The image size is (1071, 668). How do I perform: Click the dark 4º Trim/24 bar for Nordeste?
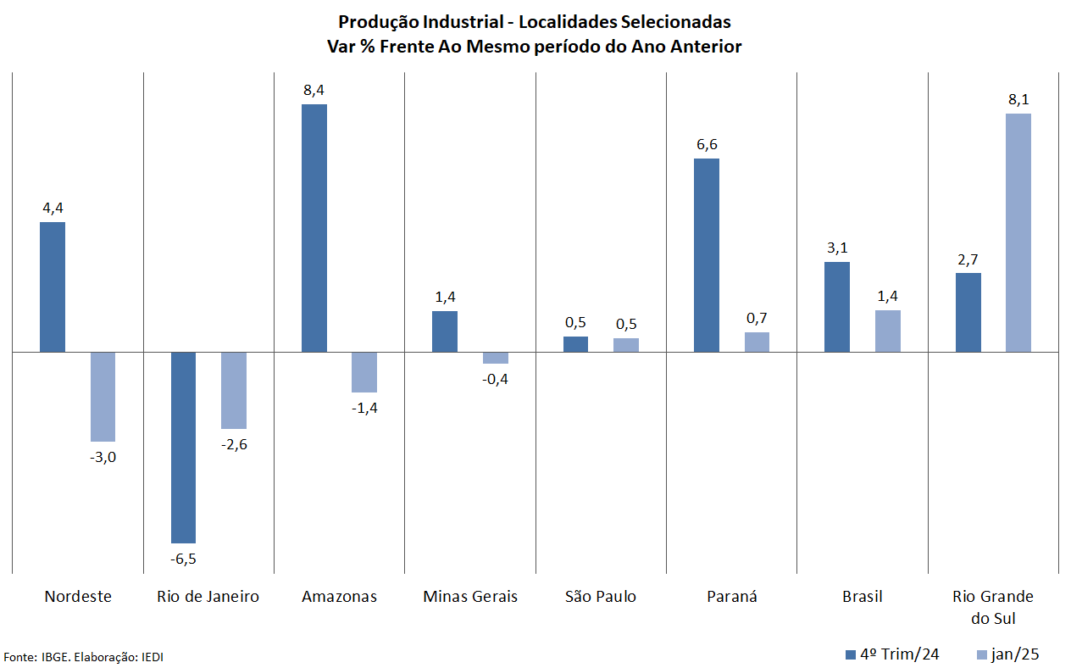[x=53, y=287]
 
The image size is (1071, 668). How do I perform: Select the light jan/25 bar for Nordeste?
[x=103, y=397]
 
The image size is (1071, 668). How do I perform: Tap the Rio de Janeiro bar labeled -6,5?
[x=183, y=447]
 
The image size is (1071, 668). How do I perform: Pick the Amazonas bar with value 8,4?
[x=314, y=228]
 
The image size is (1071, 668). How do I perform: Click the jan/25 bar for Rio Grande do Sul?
[x=1018, y=232]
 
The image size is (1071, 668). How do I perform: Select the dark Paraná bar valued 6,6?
[x=707, y=255]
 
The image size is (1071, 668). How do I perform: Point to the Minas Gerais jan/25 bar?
[x=496, y=358]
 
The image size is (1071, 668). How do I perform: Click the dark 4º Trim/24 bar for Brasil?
[x=837, y=307]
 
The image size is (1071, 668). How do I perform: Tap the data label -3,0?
[x=103, y=457]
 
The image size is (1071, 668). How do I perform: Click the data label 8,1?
[x=1018, y=99]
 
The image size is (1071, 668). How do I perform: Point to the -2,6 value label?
[x=234, y=444]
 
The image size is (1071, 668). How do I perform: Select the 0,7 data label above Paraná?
[x=757, y=318]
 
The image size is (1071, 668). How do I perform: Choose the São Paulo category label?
[x=601, y=596]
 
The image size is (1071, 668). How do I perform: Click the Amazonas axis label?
[x=339, y=596]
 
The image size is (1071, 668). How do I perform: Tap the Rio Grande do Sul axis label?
[x=993, y=607]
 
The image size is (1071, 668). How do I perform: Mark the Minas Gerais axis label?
[x=470, y=596]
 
